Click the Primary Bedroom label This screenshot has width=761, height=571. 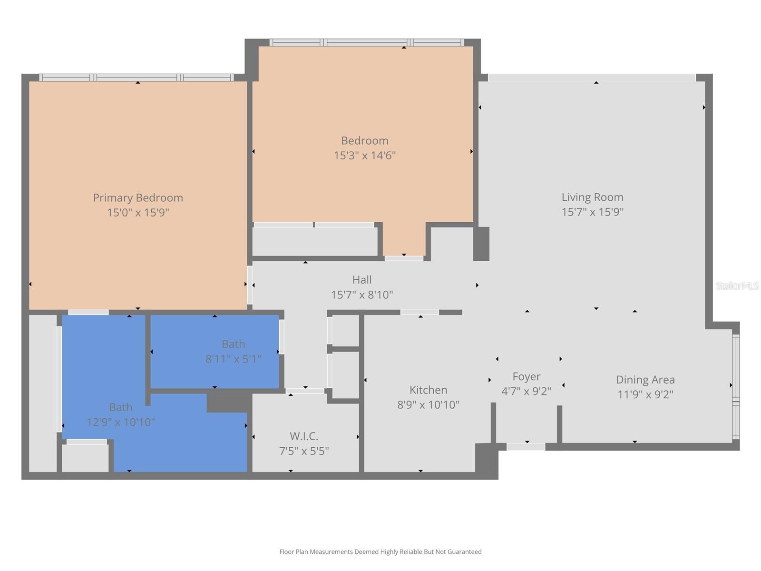(138, 197)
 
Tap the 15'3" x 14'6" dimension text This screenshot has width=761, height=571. (365, 156)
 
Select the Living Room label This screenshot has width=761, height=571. (592, 197)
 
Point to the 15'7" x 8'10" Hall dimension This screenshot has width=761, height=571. (362, 295)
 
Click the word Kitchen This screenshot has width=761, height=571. (428, 390)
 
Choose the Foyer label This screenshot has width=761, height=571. (526, 376)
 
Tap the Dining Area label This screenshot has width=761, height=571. (645, 380)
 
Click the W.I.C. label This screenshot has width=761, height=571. (304, 436)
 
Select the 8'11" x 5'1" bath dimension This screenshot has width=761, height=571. (233, 359)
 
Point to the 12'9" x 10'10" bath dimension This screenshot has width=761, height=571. (121, 422)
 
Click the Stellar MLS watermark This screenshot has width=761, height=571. (737, 285)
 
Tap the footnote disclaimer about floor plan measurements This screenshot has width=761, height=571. (380, 552)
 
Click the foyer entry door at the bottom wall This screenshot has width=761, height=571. (526, 447)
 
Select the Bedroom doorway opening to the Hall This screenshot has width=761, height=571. (404, 258)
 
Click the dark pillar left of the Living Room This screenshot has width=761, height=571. (481, 244)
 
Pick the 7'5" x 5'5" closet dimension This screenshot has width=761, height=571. (304, 451)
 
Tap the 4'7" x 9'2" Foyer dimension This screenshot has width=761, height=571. (526, 392)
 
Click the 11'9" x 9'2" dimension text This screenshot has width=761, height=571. (645, 394)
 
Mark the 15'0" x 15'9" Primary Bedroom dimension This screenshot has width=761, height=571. (138, 213)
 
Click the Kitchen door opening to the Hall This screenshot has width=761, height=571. (420, 313)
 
